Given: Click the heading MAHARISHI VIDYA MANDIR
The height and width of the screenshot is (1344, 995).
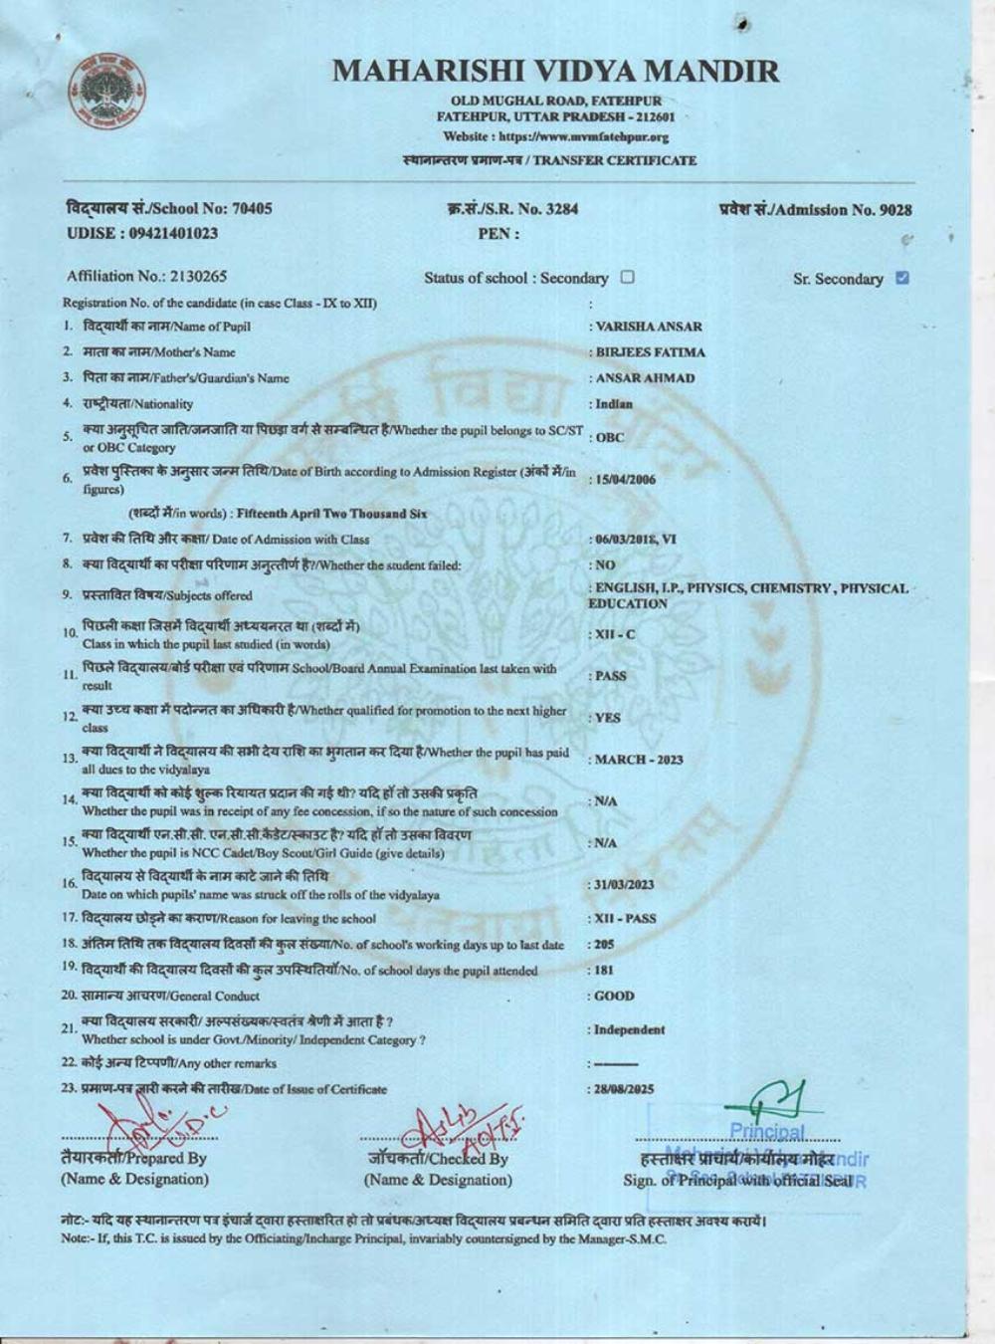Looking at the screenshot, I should [x=555, y=71].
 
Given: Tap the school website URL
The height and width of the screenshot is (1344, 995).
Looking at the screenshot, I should [x=555, y=136].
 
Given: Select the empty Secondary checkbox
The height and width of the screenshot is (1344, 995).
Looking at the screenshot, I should [x=628, y=278].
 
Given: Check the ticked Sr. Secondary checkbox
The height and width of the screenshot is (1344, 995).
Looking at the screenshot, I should [x=902, y=278].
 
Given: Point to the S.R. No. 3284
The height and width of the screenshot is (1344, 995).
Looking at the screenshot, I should [x=512, y=209].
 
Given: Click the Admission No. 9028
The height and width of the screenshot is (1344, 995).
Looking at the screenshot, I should [x=814, y=209].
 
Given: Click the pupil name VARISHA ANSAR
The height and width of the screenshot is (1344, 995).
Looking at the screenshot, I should [x=648, y=327].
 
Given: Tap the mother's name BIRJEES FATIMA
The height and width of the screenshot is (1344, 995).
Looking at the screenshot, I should [x=650, y=352].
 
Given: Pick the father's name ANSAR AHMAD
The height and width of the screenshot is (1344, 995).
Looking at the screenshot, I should [x=645, y=378].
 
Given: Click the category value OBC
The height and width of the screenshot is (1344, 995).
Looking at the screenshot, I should [x=609, y=438].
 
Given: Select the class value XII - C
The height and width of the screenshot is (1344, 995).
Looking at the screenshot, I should [x=615, y=634].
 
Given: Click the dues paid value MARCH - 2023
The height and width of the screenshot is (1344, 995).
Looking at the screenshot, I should [x=639, y=760].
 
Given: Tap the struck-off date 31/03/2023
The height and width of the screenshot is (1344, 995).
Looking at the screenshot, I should [x=624, y=885].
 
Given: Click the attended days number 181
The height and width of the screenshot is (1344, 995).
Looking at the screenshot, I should [x=604, y=969].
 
